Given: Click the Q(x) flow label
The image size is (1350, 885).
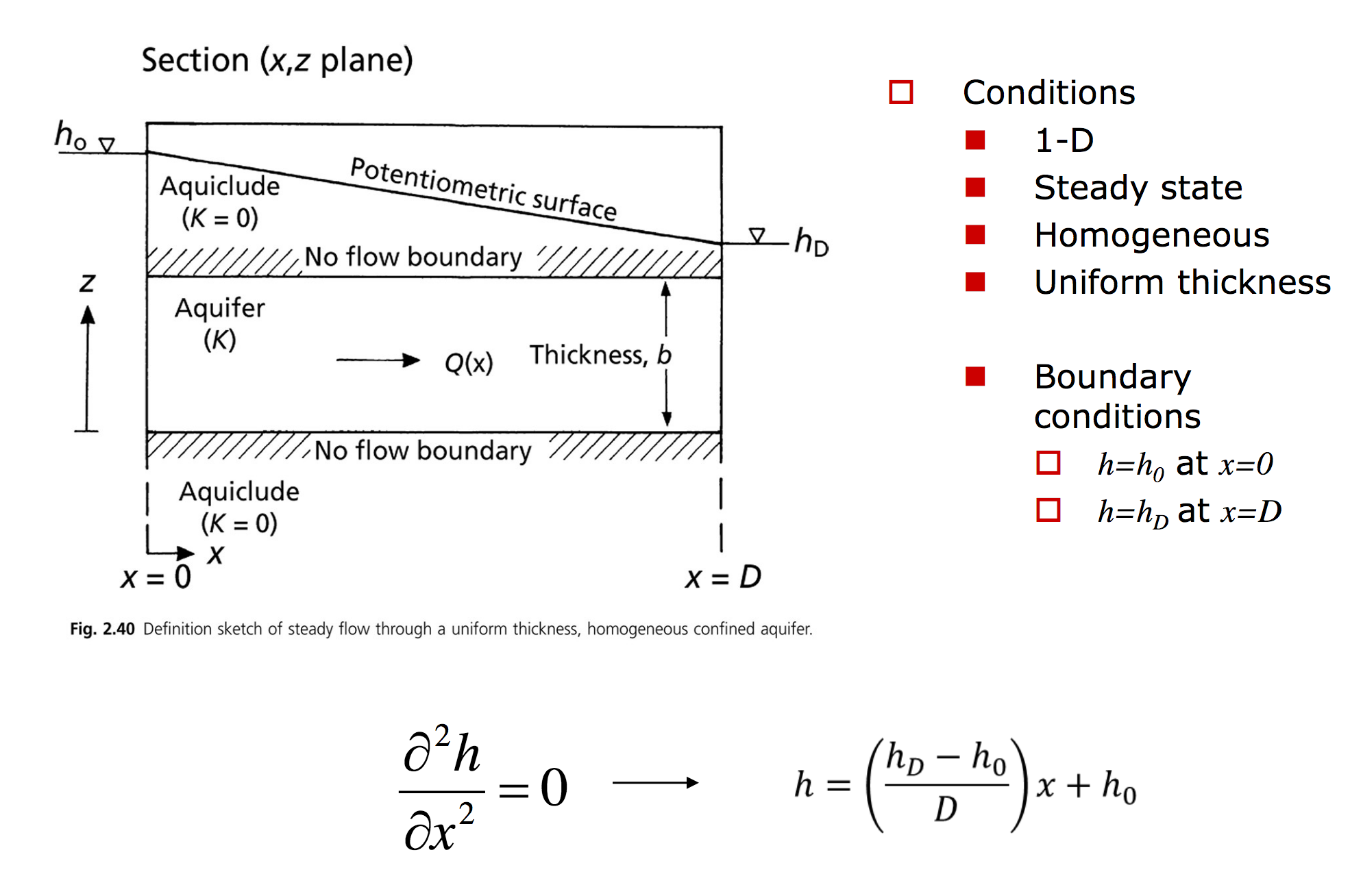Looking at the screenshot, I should point(469,362).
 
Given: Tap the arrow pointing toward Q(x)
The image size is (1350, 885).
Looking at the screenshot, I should point(378,360).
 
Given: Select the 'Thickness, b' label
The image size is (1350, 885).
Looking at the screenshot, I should point(600,355).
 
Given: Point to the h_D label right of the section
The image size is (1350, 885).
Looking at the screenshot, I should point(811,242).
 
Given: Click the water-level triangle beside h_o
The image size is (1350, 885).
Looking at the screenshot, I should point(106,145).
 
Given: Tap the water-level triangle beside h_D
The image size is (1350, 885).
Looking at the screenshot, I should point(757,236).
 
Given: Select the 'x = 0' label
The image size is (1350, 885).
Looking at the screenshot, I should point(156,577).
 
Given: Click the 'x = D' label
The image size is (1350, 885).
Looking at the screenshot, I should point(723,577).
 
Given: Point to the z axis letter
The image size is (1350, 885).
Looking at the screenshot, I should point(87,282).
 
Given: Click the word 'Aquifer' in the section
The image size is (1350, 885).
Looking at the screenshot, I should point(219,308).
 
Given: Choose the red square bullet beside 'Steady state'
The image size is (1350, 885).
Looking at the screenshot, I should point(974,187).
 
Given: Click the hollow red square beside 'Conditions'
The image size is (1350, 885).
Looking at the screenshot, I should point(900,92).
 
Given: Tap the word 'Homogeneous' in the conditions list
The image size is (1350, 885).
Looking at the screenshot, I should point(1151,236).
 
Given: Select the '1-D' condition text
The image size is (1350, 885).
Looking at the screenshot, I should point(1064,140).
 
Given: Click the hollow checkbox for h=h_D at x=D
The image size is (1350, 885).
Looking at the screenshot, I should point(1048,510).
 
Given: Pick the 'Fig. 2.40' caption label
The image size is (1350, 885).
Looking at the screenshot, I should point(102,629).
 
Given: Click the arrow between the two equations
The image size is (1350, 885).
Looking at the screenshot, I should point(654,782).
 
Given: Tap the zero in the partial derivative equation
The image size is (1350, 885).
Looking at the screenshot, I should point(554,787).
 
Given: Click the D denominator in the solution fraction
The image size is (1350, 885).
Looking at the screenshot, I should point(946,809).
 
